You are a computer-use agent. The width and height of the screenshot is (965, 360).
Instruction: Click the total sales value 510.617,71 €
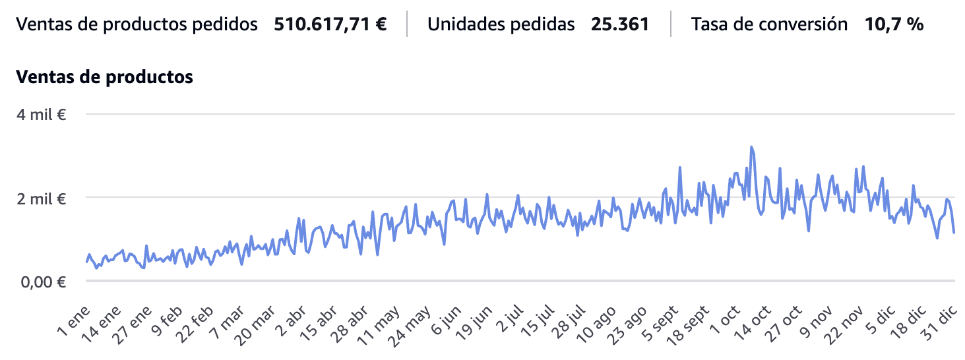pos(330,25)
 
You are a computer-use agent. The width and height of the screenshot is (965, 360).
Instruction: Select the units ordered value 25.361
pos(620,25)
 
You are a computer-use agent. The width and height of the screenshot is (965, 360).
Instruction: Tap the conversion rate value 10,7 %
pos(894,25)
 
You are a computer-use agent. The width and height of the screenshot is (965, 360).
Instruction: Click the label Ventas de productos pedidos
pos(137,25)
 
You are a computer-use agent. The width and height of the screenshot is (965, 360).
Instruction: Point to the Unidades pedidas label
pos(501,25)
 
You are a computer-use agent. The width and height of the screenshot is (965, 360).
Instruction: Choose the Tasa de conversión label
pos(769,25)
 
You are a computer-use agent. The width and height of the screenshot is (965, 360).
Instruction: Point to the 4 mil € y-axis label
pos(42,114)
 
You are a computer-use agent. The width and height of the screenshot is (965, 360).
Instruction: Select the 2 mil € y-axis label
pos(42,198)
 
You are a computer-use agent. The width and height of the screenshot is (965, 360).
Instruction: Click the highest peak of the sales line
pos(751,147)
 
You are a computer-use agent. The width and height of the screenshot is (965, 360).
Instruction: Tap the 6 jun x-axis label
pos(443,321)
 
